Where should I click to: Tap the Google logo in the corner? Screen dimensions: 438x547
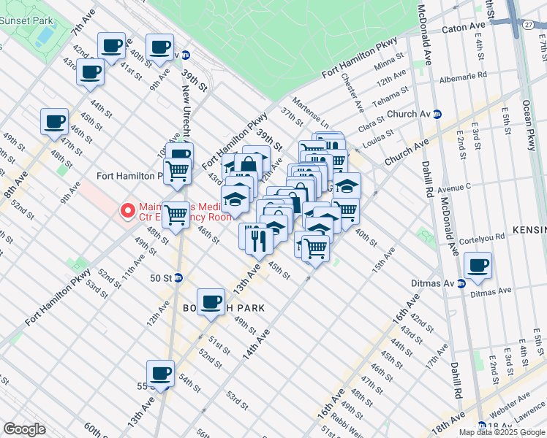coord(24,429)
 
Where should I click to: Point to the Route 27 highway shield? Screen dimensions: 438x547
coord(528,24)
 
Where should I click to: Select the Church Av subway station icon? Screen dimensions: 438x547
coord(437,114)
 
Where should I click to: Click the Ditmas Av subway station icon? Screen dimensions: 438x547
coord(461,284)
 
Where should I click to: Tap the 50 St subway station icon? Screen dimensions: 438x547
coord(178,278)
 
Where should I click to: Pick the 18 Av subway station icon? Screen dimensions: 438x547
coord(481,426)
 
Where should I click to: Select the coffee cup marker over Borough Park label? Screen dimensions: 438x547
coord(211,301)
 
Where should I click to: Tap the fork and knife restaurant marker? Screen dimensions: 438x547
coord(257,239)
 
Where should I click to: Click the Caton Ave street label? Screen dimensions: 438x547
coord(464,30)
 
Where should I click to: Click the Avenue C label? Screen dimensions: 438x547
coord(455,186)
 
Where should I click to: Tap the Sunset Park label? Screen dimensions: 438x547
coord(23,20)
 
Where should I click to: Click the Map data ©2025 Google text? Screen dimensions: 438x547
coord(501,432)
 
